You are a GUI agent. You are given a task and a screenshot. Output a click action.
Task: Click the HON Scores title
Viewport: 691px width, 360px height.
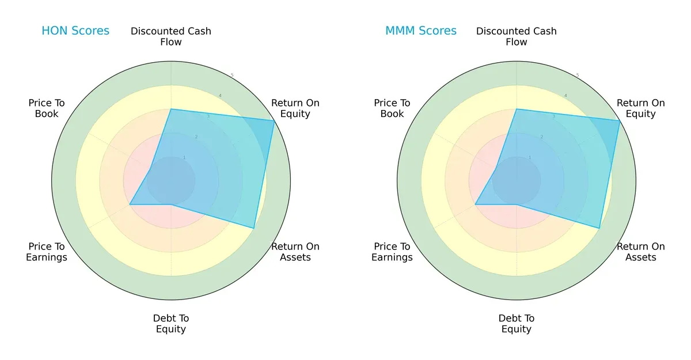coord(75,31)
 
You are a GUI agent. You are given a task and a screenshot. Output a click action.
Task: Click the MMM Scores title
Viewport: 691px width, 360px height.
coord(420,31)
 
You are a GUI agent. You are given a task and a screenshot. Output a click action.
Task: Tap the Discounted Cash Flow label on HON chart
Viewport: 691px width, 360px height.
coord(171,36)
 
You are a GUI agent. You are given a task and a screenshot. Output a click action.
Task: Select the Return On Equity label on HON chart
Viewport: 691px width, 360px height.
coord(295,108)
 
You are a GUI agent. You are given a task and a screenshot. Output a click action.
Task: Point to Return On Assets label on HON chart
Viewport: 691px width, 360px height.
coord(295,252)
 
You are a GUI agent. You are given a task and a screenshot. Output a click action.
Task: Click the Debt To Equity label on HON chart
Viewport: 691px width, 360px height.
coord(171,324)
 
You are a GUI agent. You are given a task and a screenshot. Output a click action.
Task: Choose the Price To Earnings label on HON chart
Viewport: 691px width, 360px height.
coord(47,252)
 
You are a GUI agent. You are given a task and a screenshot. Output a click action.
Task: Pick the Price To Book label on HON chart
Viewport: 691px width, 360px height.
coord(47,108)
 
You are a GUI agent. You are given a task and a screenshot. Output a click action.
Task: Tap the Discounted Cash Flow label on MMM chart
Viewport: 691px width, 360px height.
coord(517,36)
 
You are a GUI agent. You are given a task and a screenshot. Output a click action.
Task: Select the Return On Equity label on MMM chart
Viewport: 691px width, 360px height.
coord(640,108)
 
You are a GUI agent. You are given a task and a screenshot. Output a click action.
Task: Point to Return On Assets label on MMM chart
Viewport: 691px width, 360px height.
coord(640,252)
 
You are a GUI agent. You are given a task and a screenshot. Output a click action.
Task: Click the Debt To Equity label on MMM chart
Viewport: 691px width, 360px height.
coord(517,324)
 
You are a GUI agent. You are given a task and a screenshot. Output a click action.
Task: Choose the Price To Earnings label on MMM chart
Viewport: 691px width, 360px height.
coord(392,252)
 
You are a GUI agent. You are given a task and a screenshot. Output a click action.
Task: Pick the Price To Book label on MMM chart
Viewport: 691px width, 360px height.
coord(392,108)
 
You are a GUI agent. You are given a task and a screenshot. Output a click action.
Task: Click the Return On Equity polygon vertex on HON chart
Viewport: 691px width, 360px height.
coord(274,120)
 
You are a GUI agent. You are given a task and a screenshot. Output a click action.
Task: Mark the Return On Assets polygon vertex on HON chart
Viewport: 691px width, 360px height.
coord(254,228)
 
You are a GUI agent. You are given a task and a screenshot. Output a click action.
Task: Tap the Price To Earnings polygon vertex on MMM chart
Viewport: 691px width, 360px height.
coord(475,204)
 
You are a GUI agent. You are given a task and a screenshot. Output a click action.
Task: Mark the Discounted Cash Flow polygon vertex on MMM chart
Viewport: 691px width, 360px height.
coord(517,109)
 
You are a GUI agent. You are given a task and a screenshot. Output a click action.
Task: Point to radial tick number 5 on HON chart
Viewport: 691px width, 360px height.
coord(232,75)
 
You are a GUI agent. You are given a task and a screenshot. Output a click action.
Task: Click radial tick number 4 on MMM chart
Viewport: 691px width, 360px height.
coord(565,96)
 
